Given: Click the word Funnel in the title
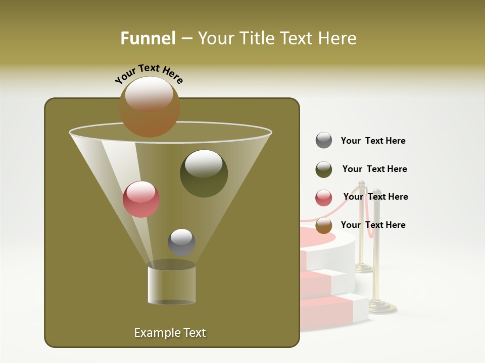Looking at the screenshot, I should coord(148,38).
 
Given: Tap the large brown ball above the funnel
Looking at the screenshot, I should coord(150,107).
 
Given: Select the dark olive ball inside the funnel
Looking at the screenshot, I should coord(204,173).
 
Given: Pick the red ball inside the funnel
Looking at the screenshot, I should coord(141,199).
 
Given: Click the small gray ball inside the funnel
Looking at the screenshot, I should coord(181,242).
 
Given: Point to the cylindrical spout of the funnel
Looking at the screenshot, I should coord(171,284).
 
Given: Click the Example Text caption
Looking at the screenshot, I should coord(170,333).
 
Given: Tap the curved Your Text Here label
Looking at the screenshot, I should coord(149,74).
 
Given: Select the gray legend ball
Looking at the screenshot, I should coord(324,141).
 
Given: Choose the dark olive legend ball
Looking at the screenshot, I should coord(324,169).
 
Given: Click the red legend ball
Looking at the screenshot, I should coord(324,198).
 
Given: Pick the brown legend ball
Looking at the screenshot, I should coord(324,225).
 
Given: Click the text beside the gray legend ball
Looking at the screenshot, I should coord(373,141).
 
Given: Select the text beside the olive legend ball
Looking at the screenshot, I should coord(374,169).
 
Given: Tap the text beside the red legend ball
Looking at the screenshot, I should coord(375,197).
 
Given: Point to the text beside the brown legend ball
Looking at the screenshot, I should coord(373,225).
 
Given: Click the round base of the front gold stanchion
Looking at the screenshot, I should coord(382,307).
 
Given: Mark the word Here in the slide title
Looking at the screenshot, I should coord(337,38).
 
